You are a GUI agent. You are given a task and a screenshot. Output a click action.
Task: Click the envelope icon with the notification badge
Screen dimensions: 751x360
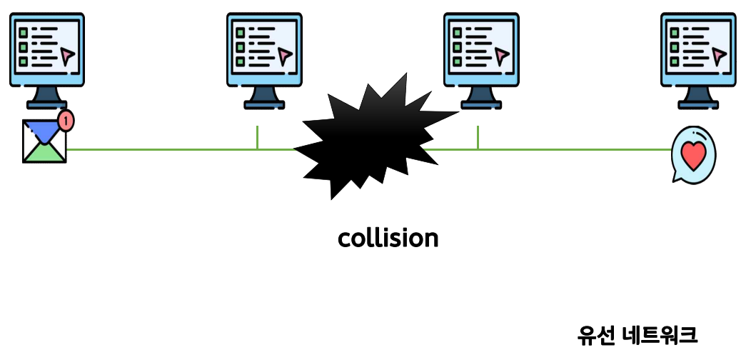pyautogui.click(x=44, y=141)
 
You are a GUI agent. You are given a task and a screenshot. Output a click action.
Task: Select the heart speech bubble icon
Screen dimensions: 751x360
pyautogui.click(x=693, y=154)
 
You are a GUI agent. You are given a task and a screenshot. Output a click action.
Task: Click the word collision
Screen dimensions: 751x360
pyautogui.click(x=388, y=239)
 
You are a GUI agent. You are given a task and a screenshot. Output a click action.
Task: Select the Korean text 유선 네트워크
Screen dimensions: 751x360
pyautogui.click(x=637, y=334)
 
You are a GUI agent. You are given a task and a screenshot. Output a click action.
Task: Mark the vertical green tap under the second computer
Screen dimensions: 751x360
pyautogui.click(x=257, y=138)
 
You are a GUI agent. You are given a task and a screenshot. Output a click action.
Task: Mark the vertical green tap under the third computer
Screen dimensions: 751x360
pyautogui.click(x=478, y=138)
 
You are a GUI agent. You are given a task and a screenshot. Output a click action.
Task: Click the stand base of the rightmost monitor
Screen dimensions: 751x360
pyautogui.click(x=698, y=104)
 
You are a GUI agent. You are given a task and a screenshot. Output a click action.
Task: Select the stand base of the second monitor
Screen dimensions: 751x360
pyautogui.click(x=264, y=104)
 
